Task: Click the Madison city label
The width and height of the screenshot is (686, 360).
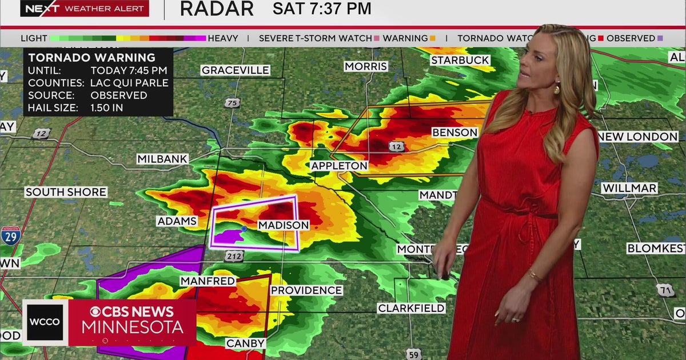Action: [x=283, y=225]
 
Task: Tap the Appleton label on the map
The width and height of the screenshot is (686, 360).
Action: [x=339, y=166]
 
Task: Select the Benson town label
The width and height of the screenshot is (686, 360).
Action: [x=454, y=133]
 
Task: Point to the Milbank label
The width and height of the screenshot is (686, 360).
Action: [x=162, y=159]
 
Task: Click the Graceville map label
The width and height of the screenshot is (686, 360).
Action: [x=235, y=70]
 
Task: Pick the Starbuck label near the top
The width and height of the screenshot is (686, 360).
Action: [x=460, y=60]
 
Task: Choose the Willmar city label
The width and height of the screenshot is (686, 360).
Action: [x=629, y=188]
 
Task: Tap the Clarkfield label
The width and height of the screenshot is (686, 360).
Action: [x=411, y=309]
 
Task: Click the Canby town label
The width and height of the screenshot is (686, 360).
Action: [x=246, y=343]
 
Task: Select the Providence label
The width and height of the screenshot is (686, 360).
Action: [x=306, y=290]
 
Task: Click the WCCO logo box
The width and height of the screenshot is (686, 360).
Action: [x=45, y=322]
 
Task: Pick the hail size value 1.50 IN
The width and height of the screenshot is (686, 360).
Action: [x=107, y=107]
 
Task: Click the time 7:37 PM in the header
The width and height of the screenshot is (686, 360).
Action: [x=322, y=9]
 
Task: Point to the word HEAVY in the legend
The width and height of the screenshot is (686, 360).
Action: [x=223, y=38]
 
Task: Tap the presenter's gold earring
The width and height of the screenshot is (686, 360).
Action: [x=557, y=88]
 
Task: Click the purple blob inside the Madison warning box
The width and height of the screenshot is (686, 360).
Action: [x=231, y=235]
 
